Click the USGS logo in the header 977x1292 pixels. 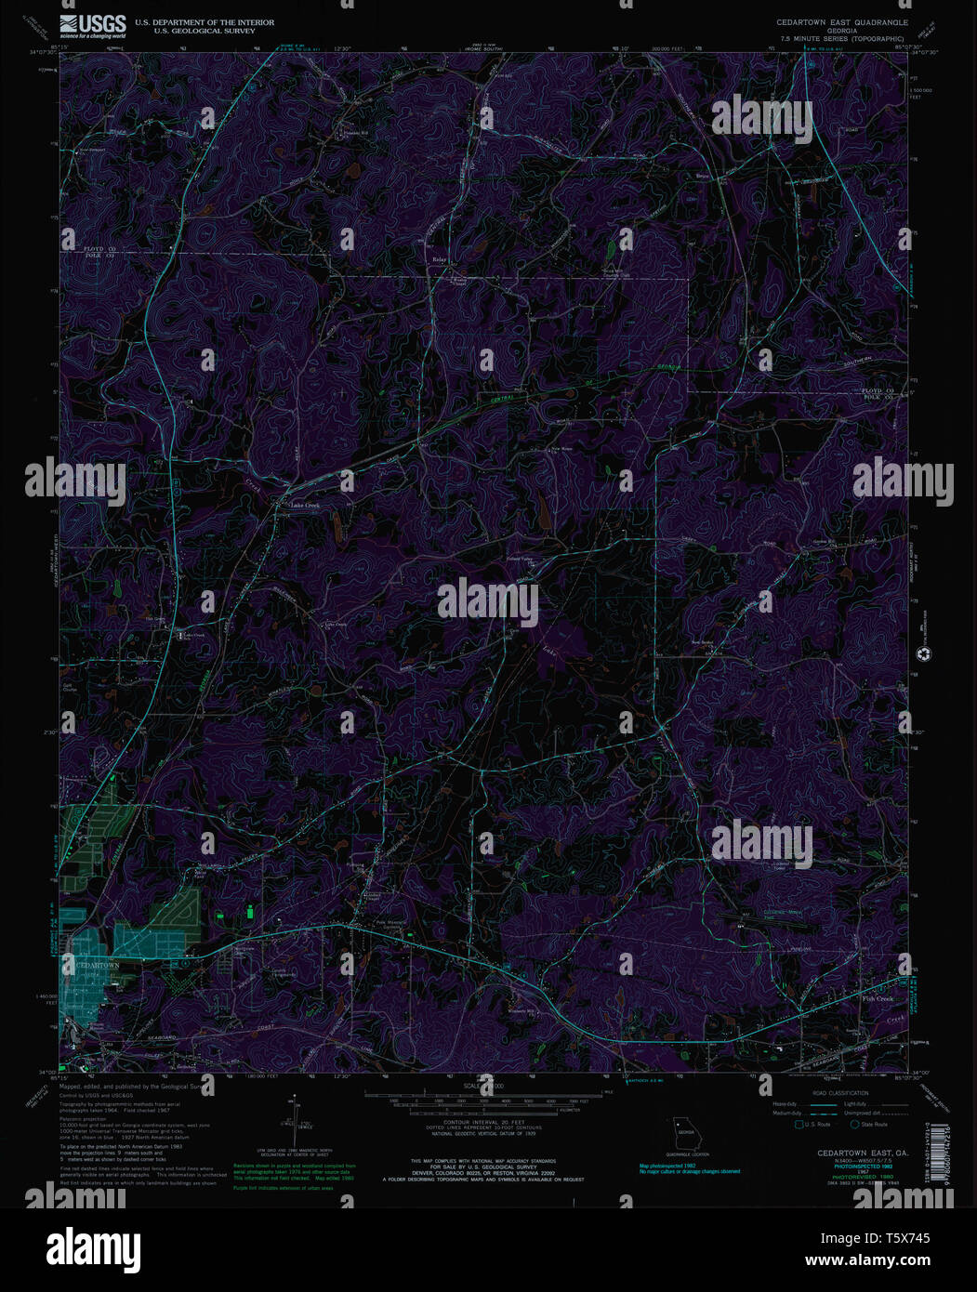tap(92, 26)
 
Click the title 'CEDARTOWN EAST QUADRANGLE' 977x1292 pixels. tap(842, 21)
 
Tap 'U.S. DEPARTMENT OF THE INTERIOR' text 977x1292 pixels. tap(205, 22)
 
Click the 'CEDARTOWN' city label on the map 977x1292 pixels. tap(97, 966)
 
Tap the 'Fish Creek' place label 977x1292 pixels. tap(877, 999)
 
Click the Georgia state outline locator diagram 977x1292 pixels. tap(685, 1134)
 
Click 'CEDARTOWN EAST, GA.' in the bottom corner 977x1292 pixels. tap(863, 1153)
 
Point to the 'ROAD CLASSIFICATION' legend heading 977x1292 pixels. tap(840, 1093)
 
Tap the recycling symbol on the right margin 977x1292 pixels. tap(923, 654)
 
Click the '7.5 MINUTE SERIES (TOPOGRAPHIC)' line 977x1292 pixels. tap(842, 39)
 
